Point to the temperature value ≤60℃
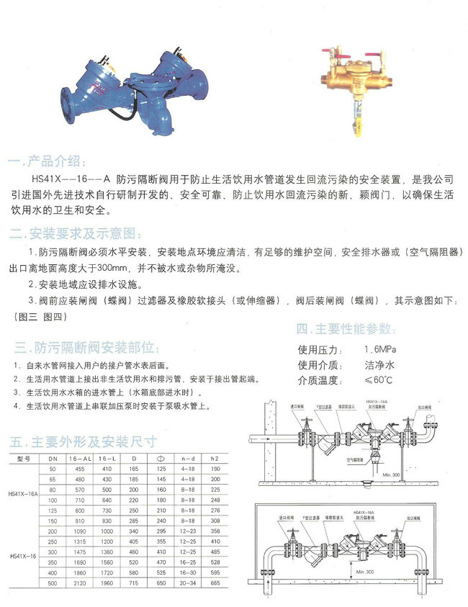[x=377, y=379]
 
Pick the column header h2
[x=214, y=458]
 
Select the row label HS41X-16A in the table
[x=23, y=494]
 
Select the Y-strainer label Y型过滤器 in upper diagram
[x=323, y=407]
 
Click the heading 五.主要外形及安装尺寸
[x=79, y=441]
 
